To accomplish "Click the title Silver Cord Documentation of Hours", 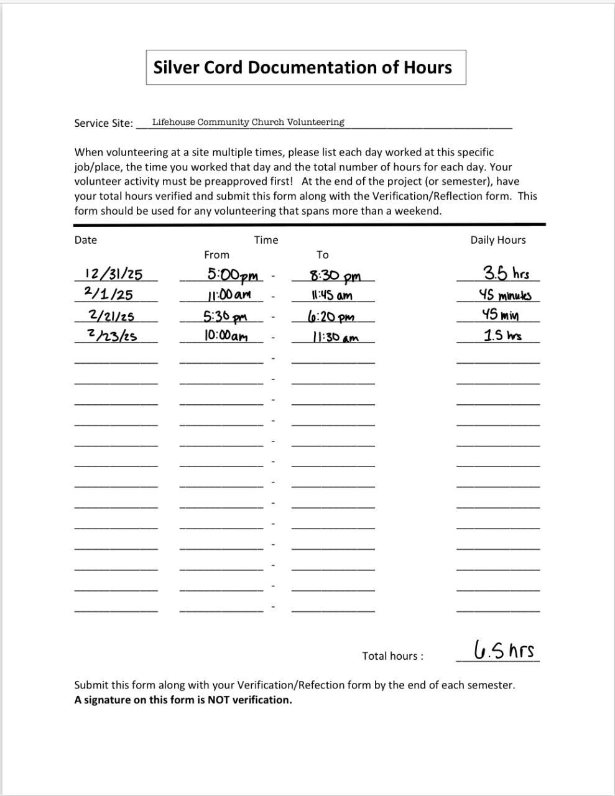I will (x=303, y=67).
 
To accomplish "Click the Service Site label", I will (x=103, y=123).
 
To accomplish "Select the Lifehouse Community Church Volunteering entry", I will (x=248, y=122).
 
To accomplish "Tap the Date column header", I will (x=86, y=240).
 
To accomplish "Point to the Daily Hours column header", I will (x=497, y=240).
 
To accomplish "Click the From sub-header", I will (x=216, y=255).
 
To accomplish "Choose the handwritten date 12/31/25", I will (x=114, y=274).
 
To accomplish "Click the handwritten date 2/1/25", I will (x=108, y=294).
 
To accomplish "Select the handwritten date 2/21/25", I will (x=112, y=315).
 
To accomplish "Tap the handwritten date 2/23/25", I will (x=113, y=336).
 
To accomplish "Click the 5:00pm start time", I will (x=233, y=275).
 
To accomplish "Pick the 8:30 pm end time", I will (x=335, y=275).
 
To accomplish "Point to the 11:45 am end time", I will (x=332, y=295).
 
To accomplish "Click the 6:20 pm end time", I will (x=331, y=317).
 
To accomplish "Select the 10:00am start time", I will (x=226, y=336).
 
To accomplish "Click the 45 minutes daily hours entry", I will (x=505, y=295).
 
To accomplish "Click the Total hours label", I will (x=393, y=656).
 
